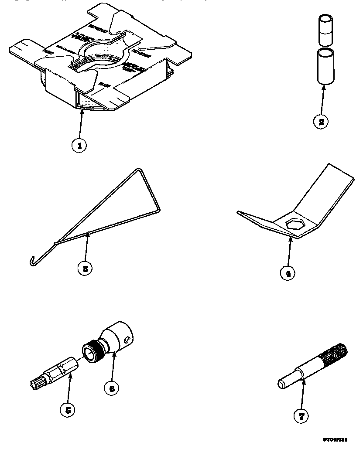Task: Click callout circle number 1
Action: pyautogui.click(x=79, y=146)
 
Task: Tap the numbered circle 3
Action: pyautogui.click(x=85, y=269)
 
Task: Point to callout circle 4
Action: pyautogui.click(x=287, y=273)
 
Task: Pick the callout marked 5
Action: pyautogui.click(x=67, y=410)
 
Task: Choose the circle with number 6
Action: pyautogui.click(x=111, y=388)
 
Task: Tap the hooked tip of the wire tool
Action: pyautogui.click(x=31, y=262)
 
